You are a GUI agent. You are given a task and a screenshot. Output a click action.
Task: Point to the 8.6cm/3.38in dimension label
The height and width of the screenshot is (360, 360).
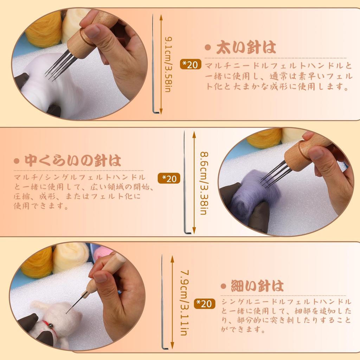tap(203, 183)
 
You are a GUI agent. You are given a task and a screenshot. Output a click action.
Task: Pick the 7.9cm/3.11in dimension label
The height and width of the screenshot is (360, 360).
tap(183, 302)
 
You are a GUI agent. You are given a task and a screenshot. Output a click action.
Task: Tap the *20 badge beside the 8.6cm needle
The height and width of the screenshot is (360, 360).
tap(169, 178)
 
